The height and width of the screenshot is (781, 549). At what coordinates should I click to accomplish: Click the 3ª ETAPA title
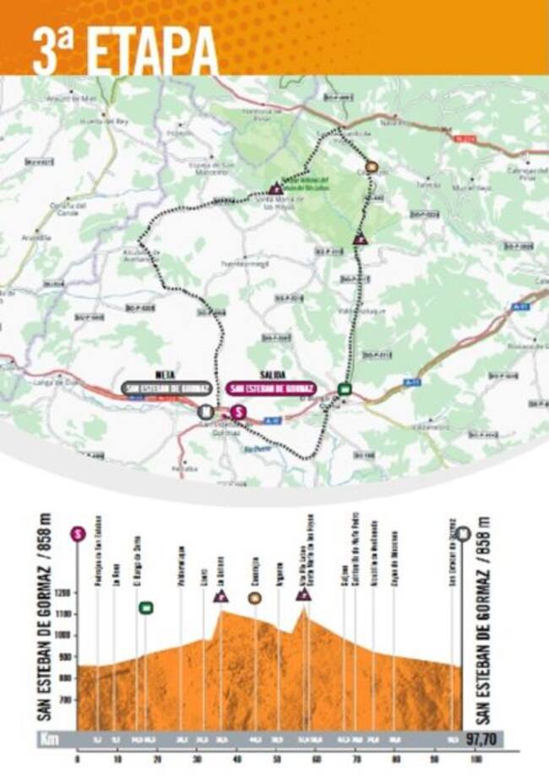click(125, 52)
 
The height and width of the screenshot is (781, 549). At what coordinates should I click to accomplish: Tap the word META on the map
click(165, 374)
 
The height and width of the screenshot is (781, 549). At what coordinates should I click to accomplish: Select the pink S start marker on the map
click(238, 412)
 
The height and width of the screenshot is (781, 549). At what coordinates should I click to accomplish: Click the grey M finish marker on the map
click(204, 412)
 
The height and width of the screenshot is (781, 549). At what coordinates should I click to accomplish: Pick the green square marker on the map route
click(344, 389)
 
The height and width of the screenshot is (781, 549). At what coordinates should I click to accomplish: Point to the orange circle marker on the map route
click(372, 167)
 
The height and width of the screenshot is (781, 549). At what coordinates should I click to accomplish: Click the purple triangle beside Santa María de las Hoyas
click(274, 190)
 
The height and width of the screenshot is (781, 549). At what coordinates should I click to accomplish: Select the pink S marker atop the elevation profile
click(78, 533)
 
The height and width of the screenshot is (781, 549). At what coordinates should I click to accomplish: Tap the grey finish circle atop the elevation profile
click(463, 533)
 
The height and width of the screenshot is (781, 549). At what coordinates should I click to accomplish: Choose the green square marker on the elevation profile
click(145, 607)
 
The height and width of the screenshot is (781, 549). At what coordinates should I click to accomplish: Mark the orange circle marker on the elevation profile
click(254, 598)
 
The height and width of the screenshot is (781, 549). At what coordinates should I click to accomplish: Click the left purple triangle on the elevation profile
click(221, 596)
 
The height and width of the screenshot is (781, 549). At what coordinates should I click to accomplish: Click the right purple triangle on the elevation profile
click(303, 595)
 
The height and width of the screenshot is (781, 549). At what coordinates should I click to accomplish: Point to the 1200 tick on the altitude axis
click(64, 593)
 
